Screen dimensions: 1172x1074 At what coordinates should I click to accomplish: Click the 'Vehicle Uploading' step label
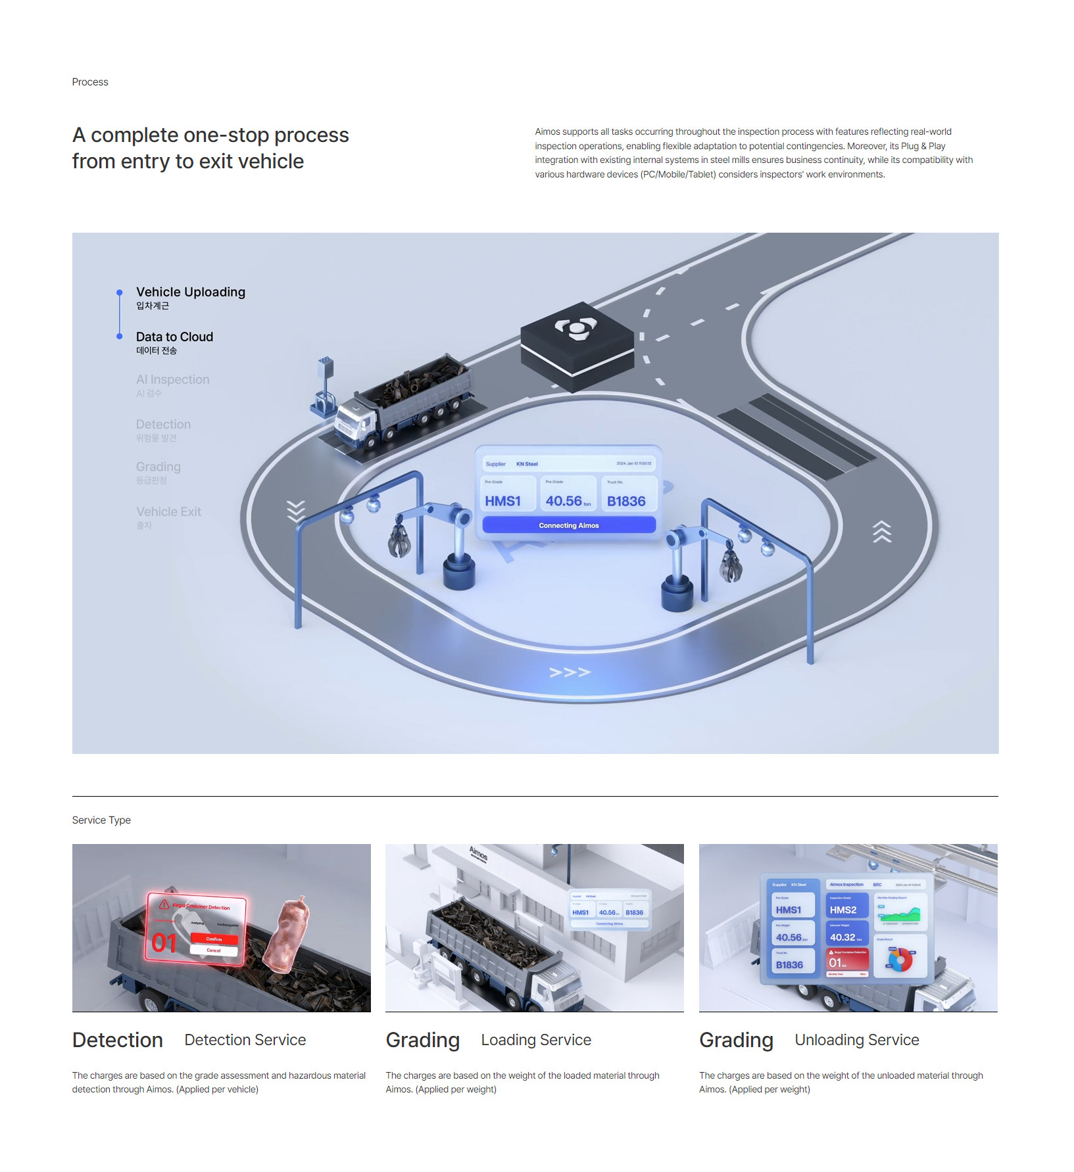click(x=190, y=292)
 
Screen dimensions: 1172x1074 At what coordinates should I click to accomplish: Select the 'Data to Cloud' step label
click(x=174, y=337)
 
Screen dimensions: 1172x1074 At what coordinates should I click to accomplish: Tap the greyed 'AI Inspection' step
click(x=172, y=379)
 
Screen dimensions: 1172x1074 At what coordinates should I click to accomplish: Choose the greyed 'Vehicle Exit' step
click(x=168, y=511)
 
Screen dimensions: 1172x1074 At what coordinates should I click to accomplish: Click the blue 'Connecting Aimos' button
click(x=569, y=525)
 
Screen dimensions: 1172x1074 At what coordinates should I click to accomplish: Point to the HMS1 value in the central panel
click(x=502, y=501)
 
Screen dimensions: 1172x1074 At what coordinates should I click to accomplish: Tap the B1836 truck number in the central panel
click(x=626, y=501)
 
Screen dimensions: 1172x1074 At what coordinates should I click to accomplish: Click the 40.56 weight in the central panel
click(x=564, y=501)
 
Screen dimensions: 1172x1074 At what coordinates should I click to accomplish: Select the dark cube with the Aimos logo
click(x=577, y=345)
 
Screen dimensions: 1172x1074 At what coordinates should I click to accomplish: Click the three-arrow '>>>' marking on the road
click(x=570, y=672)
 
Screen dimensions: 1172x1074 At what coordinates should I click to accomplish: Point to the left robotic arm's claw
click(x=399, y=541)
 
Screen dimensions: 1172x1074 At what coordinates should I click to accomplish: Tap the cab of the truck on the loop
click(x=355, y=421)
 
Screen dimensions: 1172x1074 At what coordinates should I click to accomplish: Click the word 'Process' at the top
click(x=90, y=82)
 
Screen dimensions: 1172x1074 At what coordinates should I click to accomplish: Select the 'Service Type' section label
click(x=101, y=820)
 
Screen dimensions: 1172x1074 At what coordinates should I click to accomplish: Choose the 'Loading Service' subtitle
click(x=536, y=1040)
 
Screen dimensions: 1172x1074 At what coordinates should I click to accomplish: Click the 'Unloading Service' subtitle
click(x=856, y=1040)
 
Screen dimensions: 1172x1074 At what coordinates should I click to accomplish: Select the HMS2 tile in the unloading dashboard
click(x=843, y=910)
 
